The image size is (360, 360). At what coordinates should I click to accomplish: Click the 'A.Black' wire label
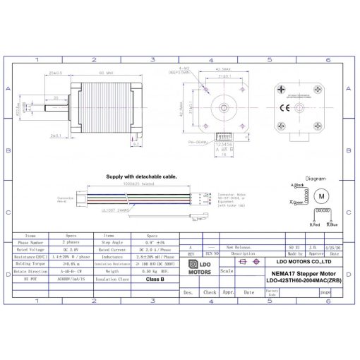[x=297, y=186]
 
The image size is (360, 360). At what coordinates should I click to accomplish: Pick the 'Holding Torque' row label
[x=31, y=264]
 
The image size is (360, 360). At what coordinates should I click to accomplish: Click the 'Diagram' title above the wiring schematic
[x=315, y=179]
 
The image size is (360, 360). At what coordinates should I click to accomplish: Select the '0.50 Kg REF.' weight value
[x=155, y=271]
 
